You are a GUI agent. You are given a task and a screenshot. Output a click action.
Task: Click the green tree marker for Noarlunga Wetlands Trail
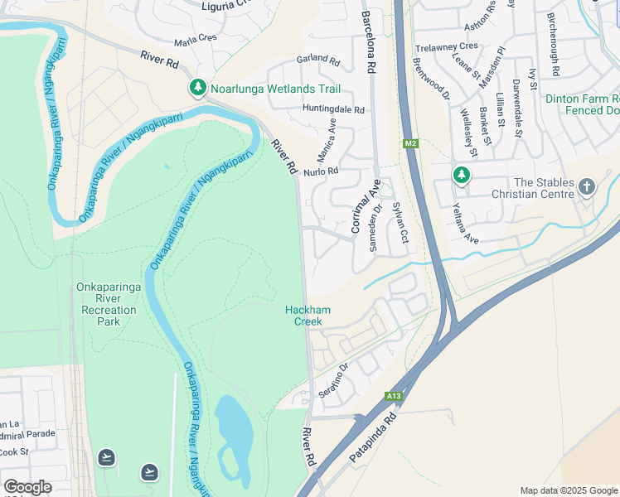(197, 88)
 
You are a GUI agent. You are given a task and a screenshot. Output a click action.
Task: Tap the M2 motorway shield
(410, 144)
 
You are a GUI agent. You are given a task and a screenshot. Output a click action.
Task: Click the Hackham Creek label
(308, 316)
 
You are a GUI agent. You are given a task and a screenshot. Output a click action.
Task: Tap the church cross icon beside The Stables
(587, 186)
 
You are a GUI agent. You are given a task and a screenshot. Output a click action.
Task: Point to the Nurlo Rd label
(322, 171)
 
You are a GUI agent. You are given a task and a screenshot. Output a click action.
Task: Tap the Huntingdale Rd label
(333, 109)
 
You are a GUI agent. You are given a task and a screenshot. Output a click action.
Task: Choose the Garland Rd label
(318, 61)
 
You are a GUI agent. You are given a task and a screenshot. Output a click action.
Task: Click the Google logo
(27, 487)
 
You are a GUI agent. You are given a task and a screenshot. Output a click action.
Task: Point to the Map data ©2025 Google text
(569, 490)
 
